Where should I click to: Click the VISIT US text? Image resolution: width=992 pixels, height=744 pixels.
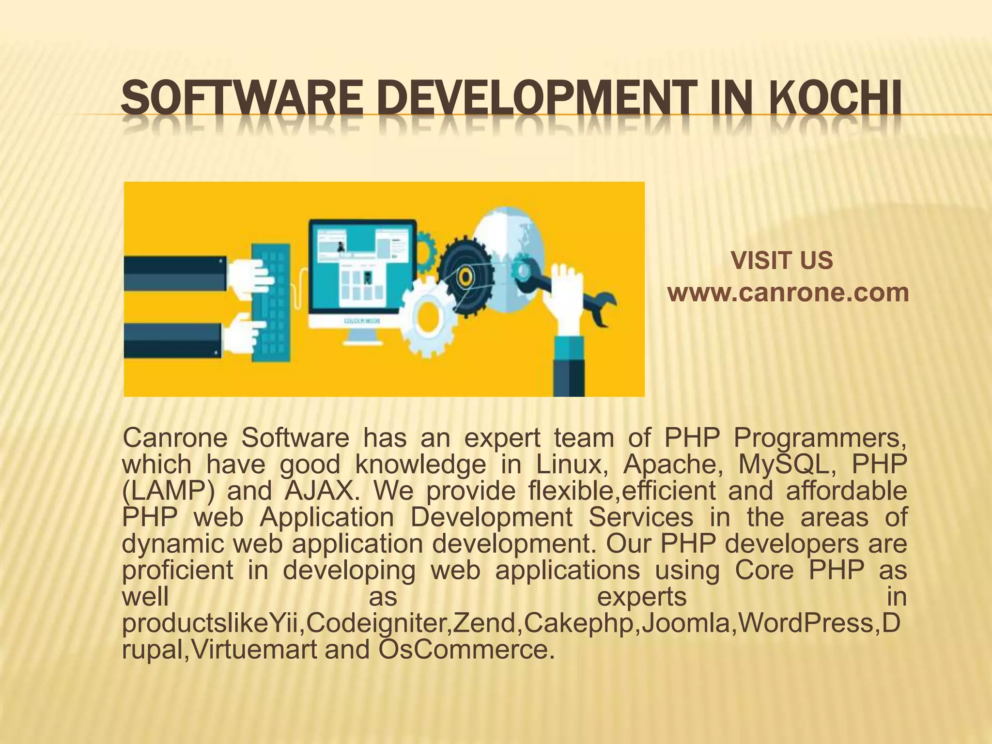click(x=782, y=261)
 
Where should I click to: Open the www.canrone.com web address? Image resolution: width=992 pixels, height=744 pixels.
click(x=788, y=293)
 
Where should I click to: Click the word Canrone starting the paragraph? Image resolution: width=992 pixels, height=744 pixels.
click(x=175, y=438)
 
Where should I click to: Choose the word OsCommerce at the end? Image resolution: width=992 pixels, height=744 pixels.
click(x=465, y=650)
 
